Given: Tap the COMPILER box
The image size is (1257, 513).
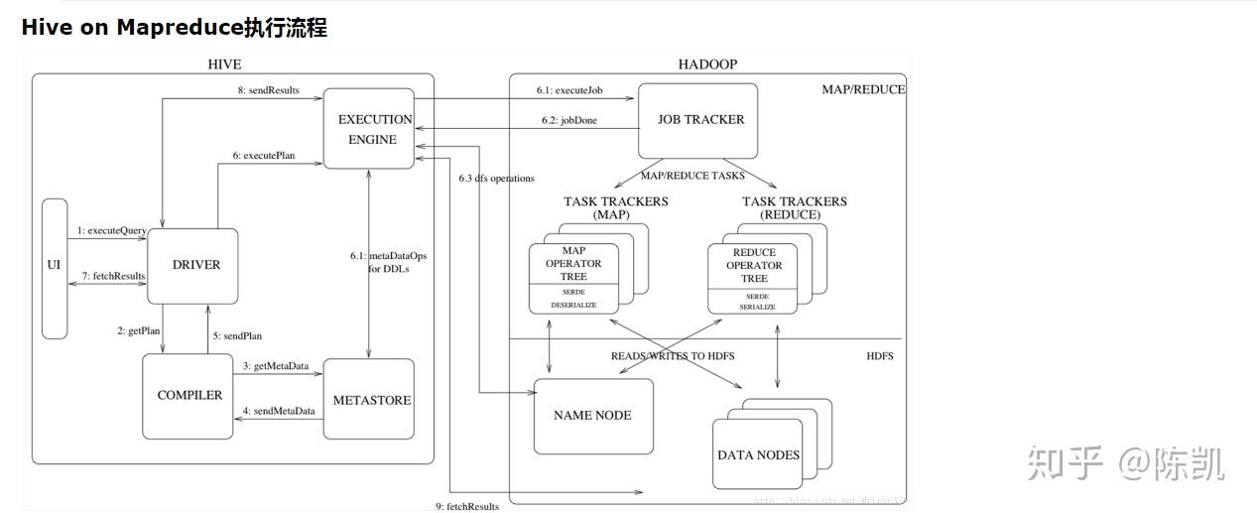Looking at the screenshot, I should point(189,395).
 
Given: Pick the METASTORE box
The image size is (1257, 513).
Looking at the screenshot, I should point(369,400).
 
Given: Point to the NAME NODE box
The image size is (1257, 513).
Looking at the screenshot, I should point(592,416).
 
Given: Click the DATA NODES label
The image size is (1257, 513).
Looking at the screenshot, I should point(758,455).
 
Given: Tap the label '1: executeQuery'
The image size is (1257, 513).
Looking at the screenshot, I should point(111,230).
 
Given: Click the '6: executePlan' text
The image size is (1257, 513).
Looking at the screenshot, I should point(264,156).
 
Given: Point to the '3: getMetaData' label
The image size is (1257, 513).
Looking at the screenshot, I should point(275,366).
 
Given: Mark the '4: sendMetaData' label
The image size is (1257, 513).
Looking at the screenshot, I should point(279,411).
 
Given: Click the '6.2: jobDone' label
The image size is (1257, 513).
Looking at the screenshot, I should point(575,121).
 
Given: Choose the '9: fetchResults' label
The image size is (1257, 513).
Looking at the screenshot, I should point(466,506).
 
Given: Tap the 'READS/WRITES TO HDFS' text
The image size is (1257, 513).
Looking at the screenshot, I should point(673,355).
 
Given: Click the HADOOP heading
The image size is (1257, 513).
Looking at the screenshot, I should point(707,64).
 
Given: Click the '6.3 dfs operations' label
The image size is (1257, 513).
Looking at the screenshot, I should point(496,179).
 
